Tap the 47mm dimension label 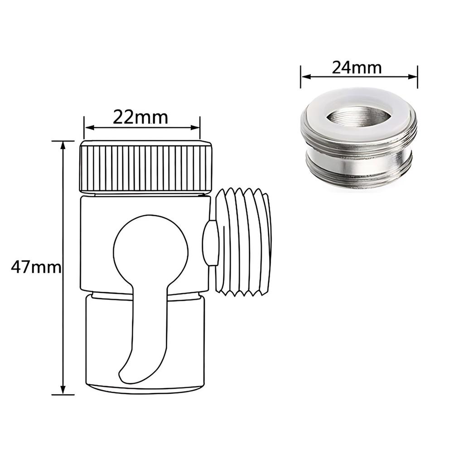tap(36, 267)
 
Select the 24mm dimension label tap(357, 68)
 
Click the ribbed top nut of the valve tap(146, 166)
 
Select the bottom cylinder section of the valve tap(181, 344)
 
